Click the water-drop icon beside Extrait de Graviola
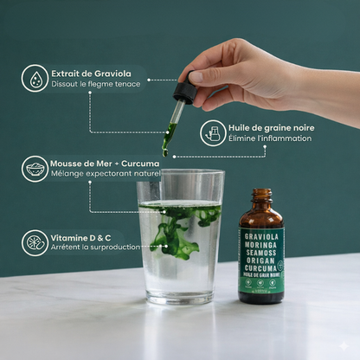click(35, 78)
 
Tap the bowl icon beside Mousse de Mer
click(35, 168)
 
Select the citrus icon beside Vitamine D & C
click(35, 241)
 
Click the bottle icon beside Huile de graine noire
click(213, 132)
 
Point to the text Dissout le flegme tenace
click(94, 85)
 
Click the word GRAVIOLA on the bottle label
click(260, 234)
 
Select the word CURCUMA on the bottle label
click(260, 268)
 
